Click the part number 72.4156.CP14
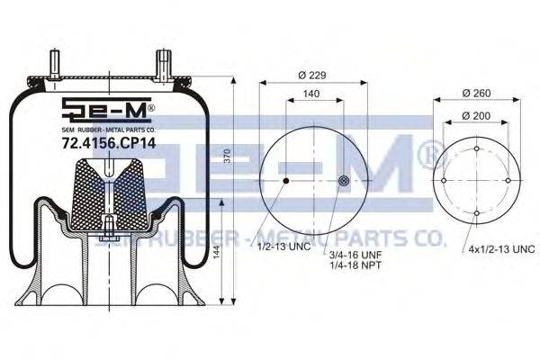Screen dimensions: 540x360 pos(109,143)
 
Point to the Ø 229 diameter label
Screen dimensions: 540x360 pos(312,75)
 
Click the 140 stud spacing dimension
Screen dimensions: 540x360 pos(311,94)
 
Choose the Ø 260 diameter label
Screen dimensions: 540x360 pos(477,93)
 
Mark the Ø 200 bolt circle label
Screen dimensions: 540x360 pos(476,116)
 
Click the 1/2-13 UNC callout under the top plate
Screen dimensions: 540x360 pos(284,247)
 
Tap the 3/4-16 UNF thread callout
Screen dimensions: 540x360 pos(356,256)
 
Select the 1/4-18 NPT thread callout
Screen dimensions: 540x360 pos(355,265)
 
